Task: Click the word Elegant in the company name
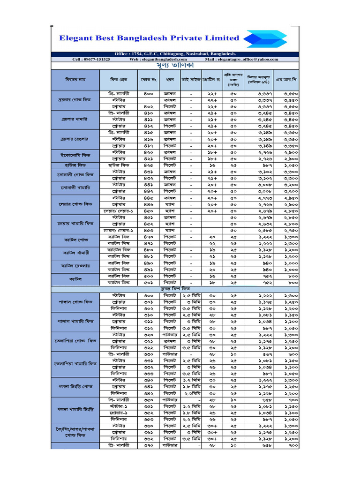click(76, 38)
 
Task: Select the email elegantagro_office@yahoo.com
click(249, 60)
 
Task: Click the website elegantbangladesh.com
click(161, 60)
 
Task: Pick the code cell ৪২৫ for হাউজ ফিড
click(149, 165)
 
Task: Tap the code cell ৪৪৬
click(149, 204)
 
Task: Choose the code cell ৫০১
click(149, 283)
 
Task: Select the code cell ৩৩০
click(149, 354)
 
